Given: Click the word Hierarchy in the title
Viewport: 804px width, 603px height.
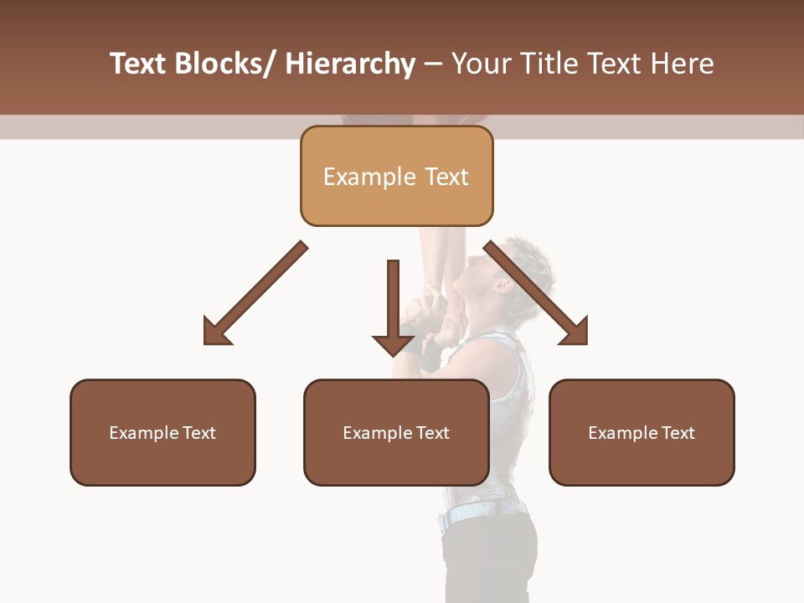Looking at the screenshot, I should point(350,64).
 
